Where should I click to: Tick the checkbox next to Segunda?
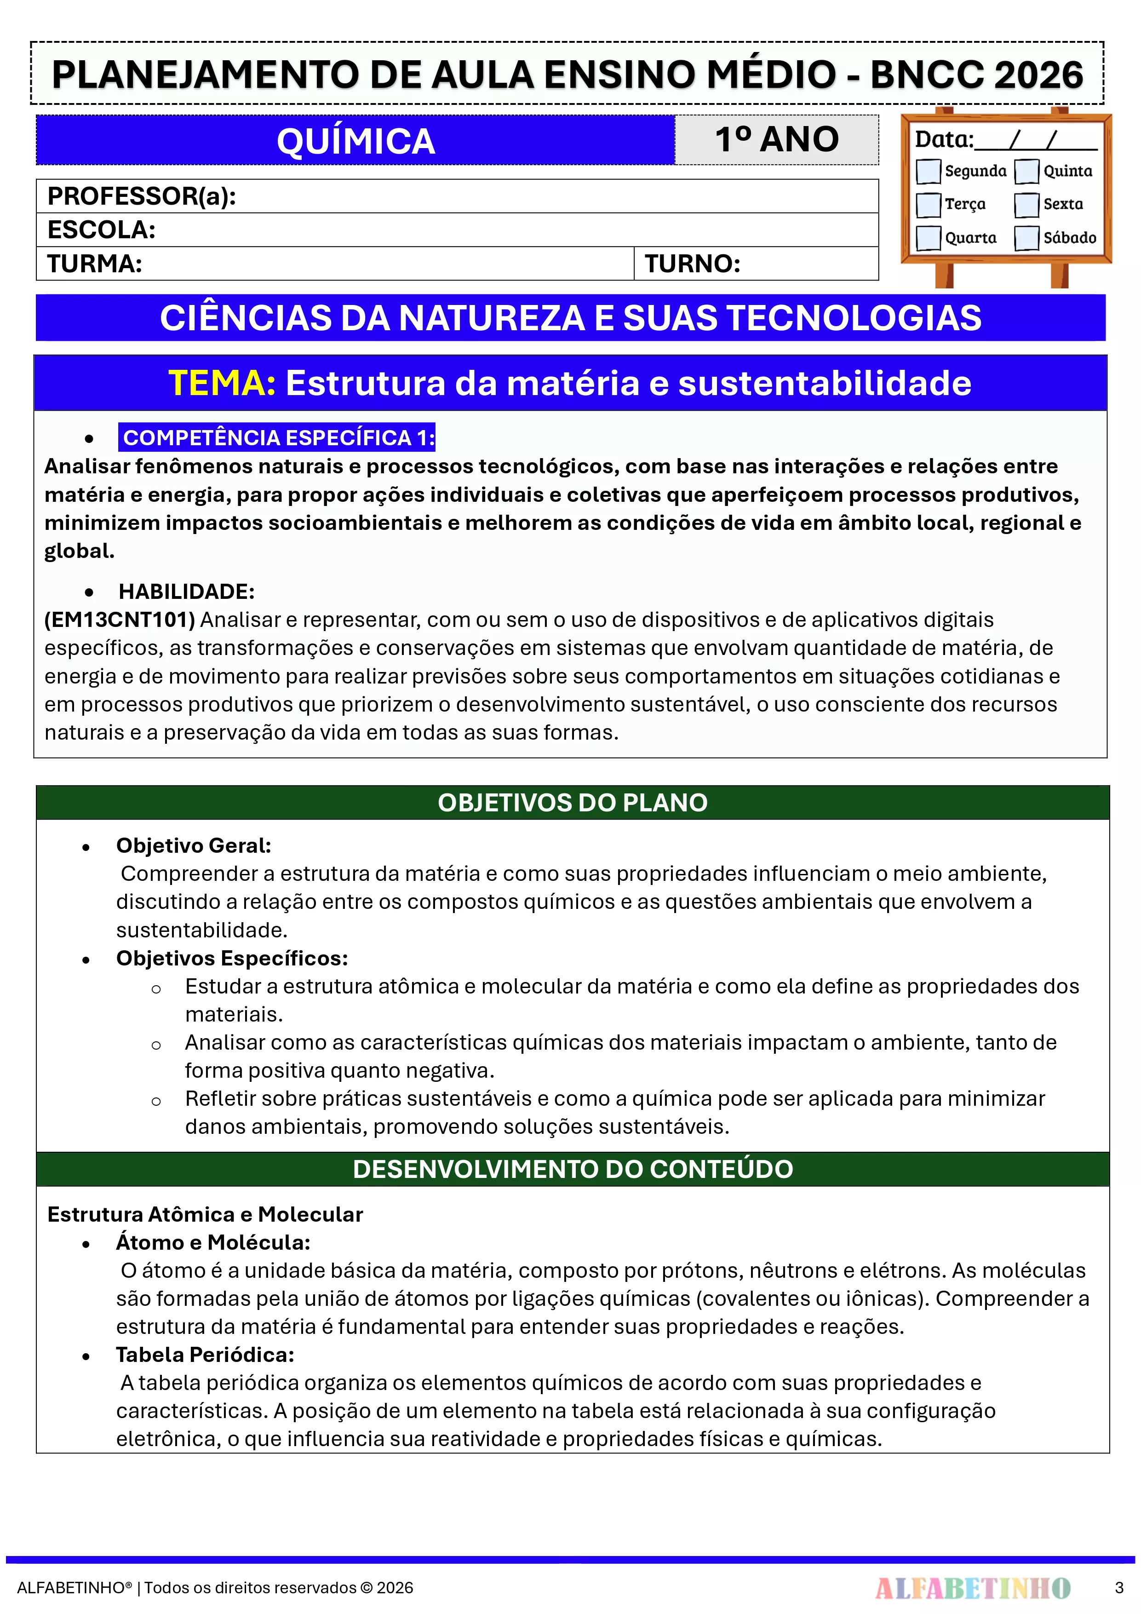[x=928, y=171]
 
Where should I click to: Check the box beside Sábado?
[x=1026, y=238]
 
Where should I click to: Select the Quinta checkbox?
[x=1026, y=171]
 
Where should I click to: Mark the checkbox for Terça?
[x=928, y=205]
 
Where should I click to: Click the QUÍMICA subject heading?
[x=355, y=141]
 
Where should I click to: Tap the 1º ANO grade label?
[x=777, y=139]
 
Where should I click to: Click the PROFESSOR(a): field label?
[x=141, y=196]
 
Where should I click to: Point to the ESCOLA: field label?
[x=101, y=230]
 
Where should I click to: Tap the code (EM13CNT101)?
[x=120, y=619]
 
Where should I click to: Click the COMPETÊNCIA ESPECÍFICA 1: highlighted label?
[x=278, y=437]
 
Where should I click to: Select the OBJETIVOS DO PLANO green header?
[x=572, y=802]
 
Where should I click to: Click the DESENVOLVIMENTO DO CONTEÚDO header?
[x=572, y=1169]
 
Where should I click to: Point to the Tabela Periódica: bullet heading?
[x=205, y=1355]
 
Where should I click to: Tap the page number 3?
[x=1118, y=1588]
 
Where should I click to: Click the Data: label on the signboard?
[x=943, y=139]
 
